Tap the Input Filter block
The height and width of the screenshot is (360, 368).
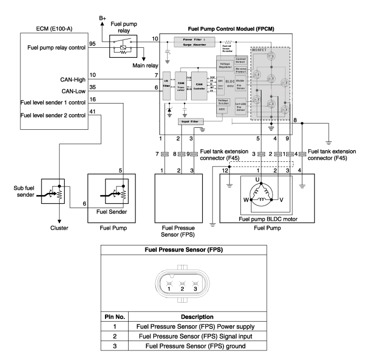(192, 121)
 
